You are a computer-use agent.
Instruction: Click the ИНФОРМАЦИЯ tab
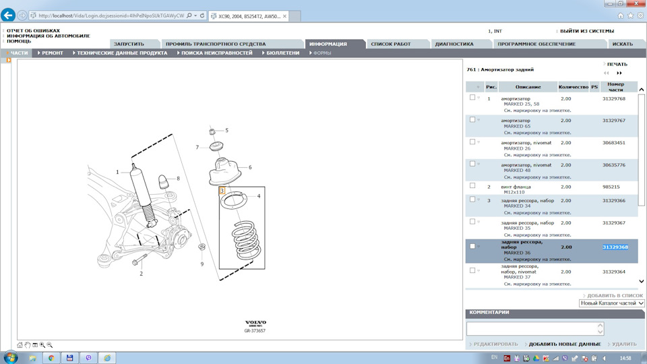pyautogui.click(x=328, y=44)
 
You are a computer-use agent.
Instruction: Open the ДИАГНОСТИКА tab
pyautogui.click(x=454, y=44)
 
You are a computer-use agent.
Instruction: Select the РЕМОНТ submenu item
pyautogui.click(x=53, y=53)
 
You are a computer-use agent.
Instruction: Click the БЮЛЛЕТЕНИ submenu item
pyautogui.click(x=282, y=53)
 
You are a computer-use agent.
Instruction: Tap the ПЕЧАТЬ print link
pyautogui.click(x=617, y=65)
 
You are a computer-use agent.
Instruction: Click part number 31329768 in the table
pyautogui.click(x=613, y=98)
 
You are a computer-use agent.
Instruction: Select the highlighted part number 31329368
pyautogui.click(x=615, y=247)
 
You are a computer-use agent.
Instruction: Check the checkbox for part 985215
pyautogui.click(x=472, y=186)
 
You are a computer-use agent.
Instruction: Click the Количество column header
pyautogui.click(x=573, y=87)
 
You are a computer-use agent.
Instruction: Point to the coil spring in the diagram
pyautogui.click(x=247, y=240)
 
